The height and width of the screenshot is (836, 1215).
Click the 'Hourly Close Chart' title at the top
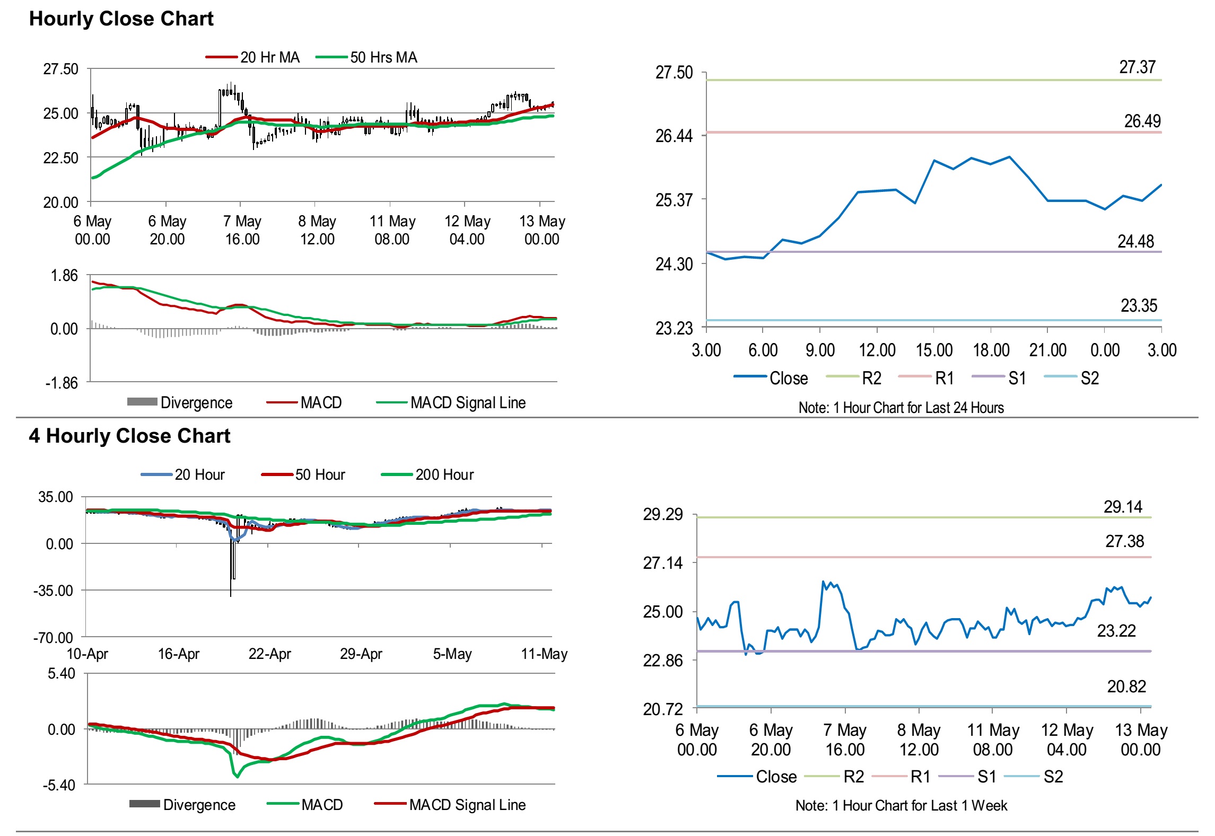pyautogui.click(x=121, y=19)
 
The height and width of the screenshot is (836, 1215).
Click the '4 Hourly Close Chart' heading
pyautogui.click(x=129, y=436)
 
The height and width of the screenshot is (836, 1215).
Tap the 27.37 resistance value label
pyautogui.click(x=1137, y=67)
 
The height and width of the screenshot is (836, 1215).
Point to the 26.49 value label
pyautogui.click(x=1142, y=121)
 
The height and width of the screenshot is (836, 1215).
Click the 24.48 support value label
pyautogui.click(x=1135, y=242)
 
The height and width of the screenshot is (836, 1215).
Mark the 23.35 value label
pyautogui.click(x=1139, y=306)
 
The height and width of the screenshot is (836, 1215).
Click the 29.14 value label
pyautogui.click(x=1123, y=507)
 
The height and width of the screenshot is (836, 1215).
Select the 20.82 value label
pyautogui.click(x=1126, y=687)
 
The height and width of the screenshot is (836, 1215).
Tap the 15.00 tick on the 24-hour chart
pyautogui.click(x=934, y=350)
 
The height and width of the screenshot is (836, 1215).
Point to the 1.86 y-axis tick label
pyautogui.click(x=64, y=276)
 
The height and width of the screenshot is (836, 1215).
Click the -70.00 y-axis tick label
pyautogui.click(x=53, y=638)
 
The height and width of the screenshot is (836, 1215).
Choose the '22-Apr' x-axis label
pyautogui.click(x=269, y=654)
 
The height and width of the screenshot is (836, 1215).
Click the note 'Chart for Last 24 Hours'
pyautogui.click(x=901, y=408)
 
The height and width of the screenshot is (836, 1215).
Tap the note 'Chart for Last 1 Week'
pyautogui.click(x=901, y=806)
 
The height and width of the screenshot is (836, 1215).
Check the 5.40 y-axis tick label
pyautogui.click(x=62, y=674)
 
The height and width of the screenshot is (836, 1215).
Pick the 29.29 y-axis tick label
pyautogui.click(x=663, y=514)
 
